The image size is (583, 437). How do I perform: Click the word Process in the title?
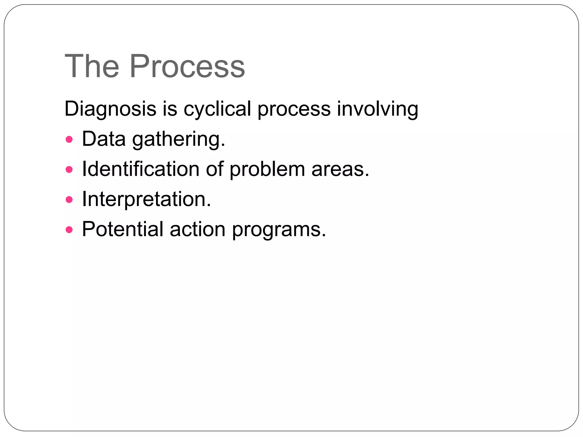coord(187,66)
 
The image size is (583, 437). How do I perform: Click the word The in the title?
coord(92,66)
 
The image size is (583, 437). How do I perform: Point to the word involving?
coord(377,109)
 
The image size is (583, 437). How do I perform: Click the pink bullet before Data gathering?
coord(69,140)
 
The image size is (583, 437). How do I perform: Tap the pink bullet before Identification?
coord(69,170)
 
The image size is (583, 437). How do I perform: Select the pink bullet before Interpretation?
coord(69,199)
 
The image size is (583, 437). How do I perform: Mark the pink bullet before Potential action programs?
coord(69,230)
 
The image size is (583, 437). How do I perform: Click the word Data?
coord(104,139)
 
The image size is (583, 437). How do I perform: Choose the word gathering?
coord(178,139)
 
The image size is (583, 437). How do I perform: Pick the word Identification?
coord(141,169)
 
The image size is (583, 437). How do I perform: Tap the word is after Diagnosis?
coord(170,109)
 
